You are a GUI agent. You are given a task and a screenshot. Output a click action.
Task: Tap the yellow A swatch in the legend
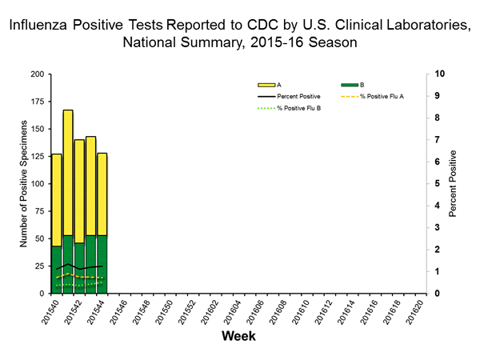click(266, 84)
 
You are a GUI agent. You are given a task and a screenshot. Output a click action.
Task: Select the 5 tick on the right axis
click(438, 184)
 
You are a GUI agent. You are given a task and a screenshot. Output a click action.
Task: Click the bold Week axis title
click(238, 337)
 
